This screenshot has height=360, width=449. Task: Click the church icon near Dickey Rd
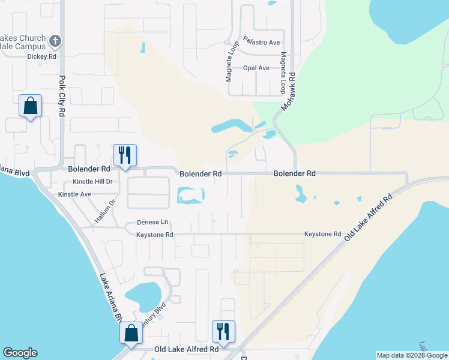(x=55, y=41)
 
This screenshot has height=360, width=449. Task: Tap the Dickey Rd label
(x=41, y=56)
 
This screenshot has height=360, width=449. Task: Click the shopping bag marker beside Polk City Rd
(x=30, y=106)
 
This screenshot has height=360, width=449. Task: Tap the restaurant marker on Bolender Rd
(x=125, y=155)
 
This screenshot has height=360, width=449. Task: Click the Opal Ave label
(x=256, y=68)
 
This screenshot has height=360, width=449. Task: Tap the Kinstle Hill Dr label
(x=92, y=181)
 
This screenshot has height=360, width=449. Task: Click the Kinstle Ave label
(x=74, y=194)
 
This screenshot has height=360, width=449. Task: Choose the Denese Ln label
(x=152, y=222)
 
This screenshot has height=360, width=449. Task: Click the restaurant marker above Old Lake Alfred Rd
(x=223, y=332)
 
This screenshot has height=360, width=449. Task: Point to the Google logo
(x=20, y=353)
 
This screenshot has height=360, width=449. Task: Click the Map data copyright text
(x=412, y=355)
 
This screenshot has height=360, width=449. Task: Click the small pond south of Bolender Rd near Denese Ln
(x=190, y=195)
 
